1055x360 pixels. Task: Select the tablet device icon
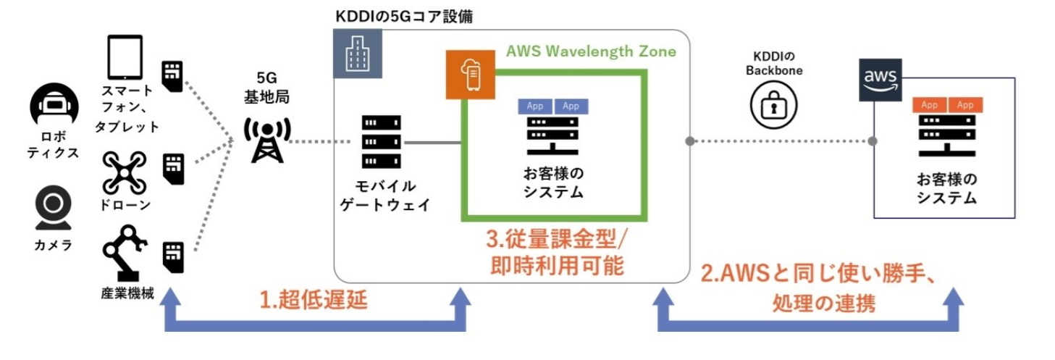pyautogui.click(x=125, y=57)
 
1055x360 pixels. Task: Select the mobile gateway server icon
pyautogui.click(x=381, y=141)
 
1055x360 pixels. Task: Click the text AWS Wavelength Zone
pyautogui.click(x=591, y=51)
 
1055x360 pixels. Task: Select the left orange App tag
pyautogui.click(x=930, y=105)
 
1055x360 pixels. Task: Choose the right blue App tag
pyautogui.click(x=571, y=106)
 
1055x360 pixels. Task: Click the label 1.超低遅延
pyautogui.click(x=313, y=301)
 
